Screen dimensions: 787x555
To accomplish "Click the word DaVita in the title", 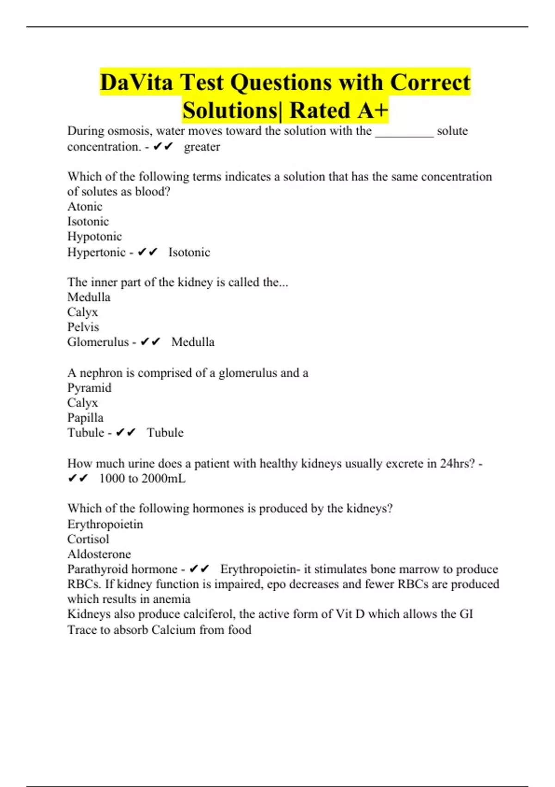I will click(x=136, y=83).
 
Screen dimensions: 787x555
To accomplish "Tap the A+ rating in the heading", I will click(x=371, y=111).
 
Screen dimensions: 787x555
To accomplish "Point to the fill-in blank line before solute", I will click(x=404, y=134).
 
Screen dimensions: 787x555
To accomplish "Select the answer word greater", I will click(x=202, y=147).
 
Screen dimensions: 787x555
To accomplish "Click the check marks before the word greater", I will click(x=162, y=147).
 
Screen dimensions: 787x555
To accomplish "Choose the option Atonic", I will click(x=85, y=206).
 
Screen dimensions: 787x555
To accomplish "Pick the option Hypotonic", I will click(x=94, y=237).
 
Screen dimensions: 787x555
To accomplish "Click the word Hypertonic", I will click(x=96, y=252).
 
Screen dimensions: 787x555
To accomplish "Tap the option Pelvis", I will click(x=83, y=327).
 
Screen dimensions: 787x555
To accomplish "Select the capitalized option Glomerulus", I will click(x=98, y=342).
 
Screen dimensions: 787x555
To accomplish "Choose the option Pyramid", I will click(x=89, y=388).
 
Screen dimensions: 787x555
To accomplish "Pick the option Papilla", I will click(x=85, y=418).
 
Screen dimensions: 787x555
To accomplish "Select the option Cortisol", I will click(x=88, y=539).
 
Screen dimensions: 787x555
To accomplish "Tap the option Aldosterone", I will click(x=99, y=554).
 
